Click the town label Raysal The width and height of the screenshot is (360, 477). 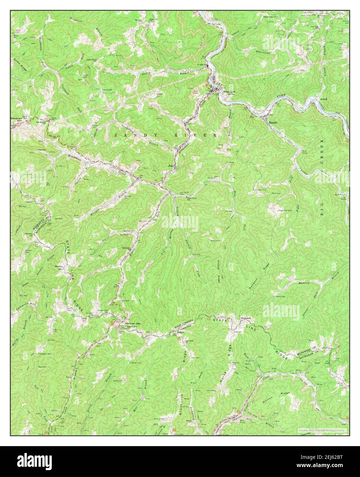(x=273, y=122)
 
